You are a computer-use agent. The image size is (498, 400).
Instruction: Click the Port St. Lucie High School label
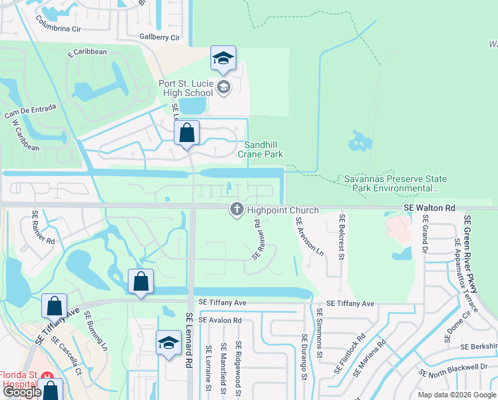(x=185, y=88)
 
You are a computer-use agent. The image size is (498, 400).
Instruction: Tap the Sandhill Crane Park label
(x=264, y=149)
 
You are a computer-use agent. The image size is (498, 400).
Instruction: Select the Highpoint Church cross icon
(x=236, y=210)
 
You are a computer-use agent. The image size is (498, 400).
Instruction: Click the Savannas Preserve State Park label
(x=395, y=184)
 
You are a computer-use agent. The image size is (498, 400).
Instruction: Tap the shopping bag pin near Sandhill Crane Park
(x=187, y=133)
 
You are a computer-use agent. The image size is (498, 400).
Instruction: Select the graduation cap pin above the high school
(x=224, y=59)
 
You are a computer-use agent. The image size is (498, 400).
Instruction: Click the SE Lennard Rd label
(x=189, y=338)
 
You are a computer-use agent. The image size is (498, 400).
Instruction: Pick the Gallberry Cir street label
(x=160, y=37)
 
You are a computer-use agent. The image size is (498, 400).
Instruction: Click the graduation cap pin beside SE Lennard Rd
(x=169, y=344)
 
